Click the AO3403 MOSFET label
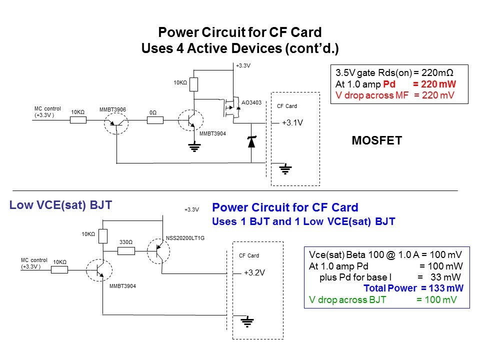(x=251, y=103)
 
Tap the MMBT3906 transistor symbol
(x=115, y=120)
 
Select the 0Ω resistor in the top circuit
(x=154, y=120)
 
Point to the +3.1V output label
(x=292, y=122)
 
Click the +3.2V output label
(x=254, y=273)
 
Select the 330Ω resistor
(x=126, y=250)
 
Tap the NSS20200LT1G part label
(x=185, y=238)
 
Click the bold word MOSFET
(x=377, y=140)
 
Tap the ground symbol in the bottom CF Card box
(x=246, y=321)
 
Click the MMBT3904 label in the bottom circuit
(x=122, y=286)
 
